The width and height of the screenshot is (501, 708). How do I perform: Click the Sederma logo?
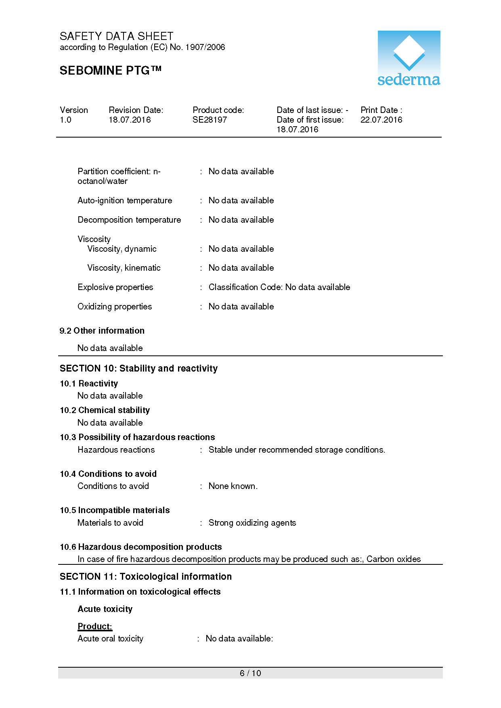pyautogui.click(x=409, y=58)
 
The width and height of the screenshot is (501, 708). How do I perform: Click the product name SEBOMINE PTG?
pyautogui.click(x=110, y=71)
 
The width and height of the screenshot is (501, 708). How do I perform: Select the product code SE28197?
pyautogui.click(x=210, y=120)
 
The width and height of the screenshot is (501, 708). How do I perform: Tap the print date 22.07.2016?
pyautogui.click(x=381, y=120)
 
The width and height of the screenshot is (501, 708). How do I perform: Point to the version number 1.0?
pyautogui.click(x=65, y=120)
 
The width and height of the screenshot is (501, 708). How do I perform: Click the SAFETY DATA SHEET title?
pyautogui.click(x=116, y=36)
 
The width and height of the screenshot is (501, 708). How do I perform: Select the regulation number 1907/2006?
pyautogui.click(x=205, y=47)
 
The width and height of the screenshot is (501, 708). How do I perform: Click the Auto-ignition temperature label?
pyautogui.click(x=125, y=200)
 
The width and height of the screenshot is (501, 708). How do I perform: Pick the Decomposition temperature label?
pyautogui.click(x=129, y=220)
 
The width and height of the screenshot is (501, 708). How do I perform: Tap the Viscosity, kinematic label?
pyautogui.click(x=124, y=268)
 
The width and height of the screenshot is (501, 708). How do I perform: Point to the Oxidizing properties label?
pyautogui.click(x=115, y=307)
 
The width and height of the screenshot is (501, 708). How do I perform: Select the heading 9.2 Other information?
pyautogui.click(x=102, y=331)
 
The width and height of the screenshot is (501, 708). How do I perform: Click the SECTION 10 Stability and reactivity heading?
pyautogui.click(x=138, y=368)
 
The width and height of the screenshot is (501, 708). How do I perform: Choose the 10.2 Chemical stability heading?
pyautogui.click(x=105, y=410)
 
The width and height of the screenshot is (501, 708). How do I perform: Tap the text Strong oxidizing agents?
pyautogui.click(x=252, y=523)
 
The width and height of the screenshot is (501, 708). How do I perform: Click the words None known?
pyautogui.click(x=233, y=486)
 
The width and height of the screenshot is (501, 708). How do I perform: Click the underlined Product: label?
pyautogui.click(x=95, y=626)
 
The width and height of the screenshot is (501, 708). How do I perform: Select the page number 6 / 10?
pyautogui.click(x=250, y=673)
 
